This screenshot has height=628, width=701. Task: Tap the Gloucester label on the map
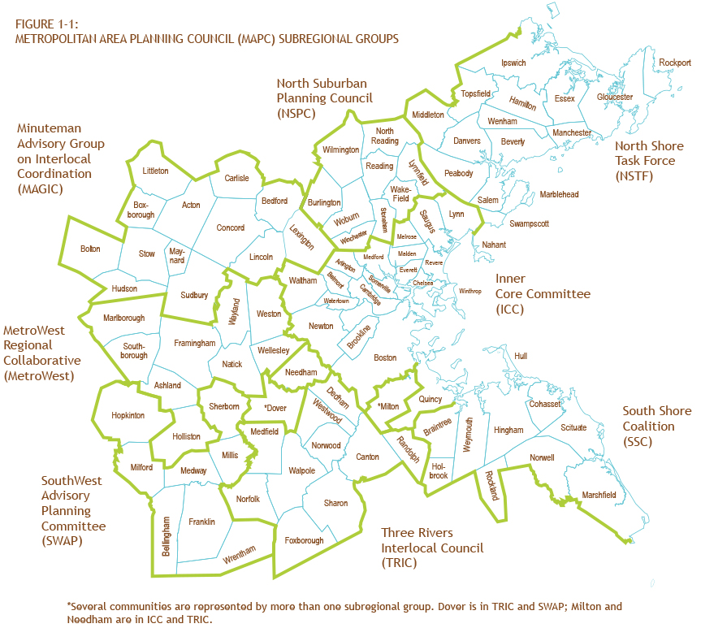click(x=614, y=97)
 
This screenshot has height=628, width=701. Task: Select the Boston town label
click(x=385, y=357)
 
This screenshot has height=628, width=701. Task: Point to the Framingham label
click(x=195, y=344)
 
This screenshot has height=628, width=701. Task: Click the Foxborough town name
click(x=305, y=540)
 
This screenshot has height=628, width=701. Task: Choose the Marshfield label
click(x=599, y=495)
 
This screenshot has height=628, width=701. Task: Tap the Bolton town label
click(x=90, y=249)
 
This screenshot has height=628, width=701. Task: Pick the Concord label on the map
click(x=230, y=228)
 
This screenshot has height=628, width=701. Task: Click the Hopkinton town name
click(x=128, y=415)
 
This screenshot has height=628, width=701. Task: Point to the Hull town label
click(x=521, y=357)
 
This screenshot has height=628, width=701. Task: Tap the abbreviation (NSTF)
click(x=634, y=175)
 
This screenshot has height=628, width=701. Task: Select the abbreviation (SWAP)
click(x=63, y=540)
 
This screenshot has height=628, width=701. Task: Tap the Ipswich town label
click(x=513, y=63)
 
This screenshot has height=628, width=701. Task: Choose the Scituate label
click(x=573, y=427)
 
